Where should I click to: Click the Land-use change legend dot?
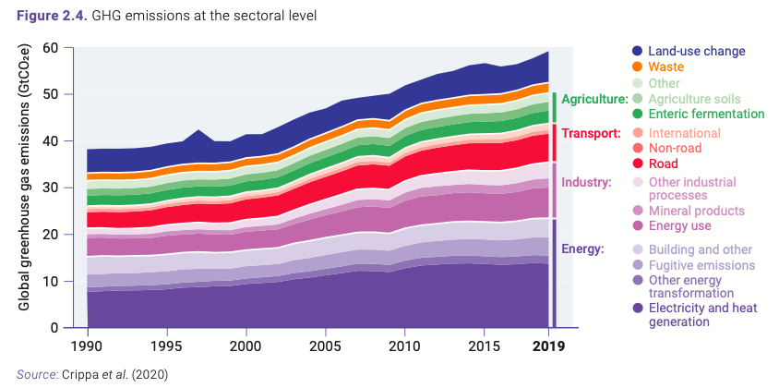click(x=637, y=52)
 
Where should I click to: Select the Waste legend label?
click(x=666, y=67)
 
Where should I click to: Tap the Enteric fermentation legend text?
click(x=706, y=115)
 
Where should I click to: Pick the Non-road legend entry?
click(x=675, y=148)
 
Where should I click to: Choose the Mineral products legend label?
click(x=696, y=211)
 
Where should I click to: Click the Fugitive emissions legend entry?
click(x=701, y=266)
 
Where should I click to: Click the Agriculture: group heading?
click(x=593, y=99)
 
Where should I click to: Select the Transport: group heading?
click(x=591, y=133)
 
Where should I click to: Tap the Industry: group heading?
click(x=586, y=182)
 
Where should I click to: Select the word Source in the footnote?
click(x=36, y=374)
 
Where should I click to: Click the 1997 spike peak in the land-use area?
click(x=198, y=131)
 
